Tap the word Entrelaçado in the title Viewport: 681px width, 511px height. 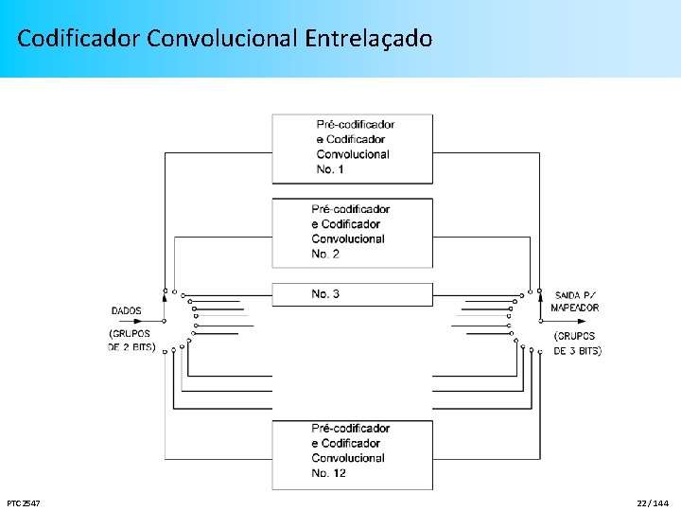click(369, 39)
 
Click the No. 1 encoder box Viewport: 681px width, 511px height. click(352, 149)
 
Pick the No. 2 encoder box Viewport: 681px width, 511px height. click(352, 232)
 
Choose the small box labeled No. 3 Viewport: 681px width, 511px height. click(352, 294)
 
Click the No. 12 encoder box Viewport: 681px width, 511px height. click(352, 454)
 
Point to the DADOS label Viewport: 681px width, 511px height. click(127, 310)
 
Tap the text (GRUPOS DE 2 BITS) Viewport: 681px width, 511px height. click(131, 340)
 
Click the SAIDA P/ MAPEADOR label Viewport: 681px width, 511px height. click(576, 302)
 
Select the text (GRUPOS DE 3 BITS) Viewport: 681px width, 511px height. click(576, 344)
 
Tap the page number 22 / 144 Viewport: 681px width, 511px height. click(654, 502)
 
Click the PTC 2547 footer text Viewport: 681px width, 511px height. click(23, 502)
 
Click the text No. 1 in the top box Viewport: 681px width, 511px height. click(331, 169)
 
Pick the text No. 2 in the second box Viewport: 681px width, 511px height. click(326, 254)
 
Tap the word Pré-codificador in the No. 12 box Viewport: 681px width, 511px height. click(351, 429)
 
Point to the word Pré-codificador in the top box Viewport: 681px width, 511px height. click(356, 124)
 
